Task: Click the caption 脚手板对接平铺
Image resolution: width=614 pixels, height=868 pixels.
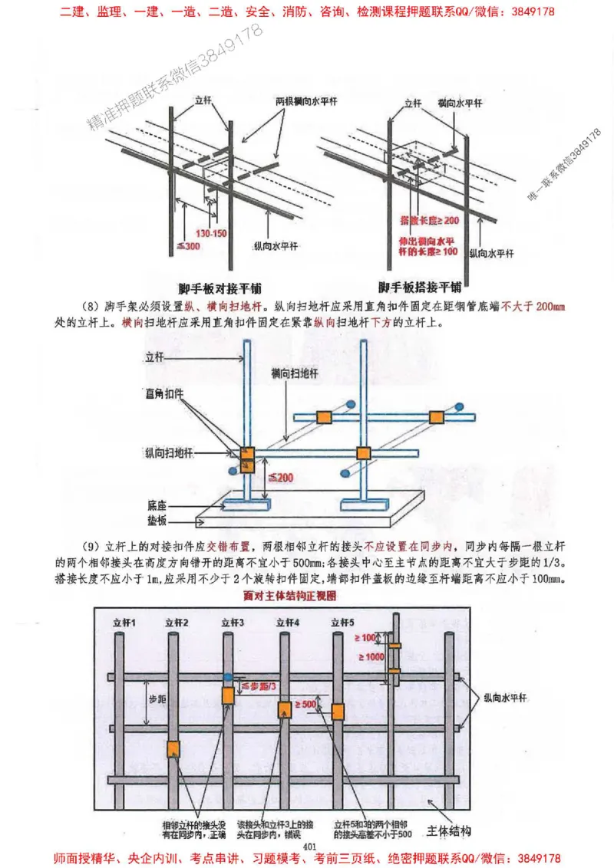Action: pos(219,289)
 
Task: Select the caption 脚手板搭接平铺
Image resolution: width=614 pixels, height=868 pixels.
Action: pos(420,288)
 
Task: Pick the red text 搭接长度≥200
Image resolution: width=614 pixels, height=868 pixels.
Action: pos(431,220)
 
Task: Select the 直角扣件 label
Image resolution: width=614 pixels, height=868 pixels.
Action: pos(163,393)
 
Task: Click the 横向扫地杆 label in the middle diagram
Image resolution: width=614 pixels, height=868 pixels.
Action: pos(295,372)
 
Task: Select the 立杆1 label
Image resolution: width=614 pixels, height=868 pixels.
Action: pos(124,622)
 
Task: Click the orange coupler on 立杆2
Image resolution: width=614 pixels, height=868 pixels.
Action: pos(173,748)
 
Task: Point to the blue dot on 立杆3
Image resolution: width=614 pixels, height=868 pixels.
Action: pos(229,677)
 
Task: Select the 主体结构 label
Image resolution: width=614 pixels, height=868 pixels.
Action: pos(449,831)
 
